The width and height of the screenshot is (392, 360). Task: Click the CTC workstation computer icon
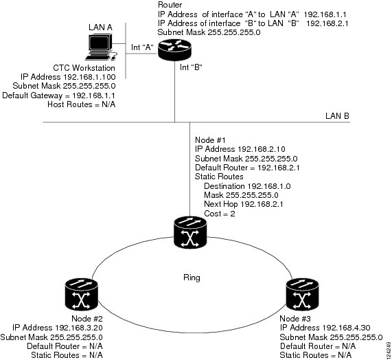[101, 47]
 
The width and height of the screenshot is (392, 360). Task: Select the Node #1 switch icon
[190, 232]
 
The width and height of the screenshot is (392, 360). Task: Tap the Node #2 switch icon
[81, 295]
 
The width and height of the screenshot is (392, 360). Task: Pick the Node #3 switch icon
[302, 295]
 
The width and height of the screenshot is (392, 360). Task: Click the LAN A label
[100, 27]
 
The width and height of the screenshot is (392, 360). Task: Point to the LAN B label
[337, 116]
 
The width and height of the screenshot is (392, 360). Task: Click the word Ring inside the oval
[192, 278]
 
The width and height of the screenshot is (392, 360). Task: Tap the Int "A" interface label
[142, 47]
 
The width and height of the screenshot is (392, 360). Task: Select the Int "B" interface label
[191, 67]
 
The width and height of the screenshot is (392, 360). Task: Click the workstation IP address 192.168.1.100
[89, 77]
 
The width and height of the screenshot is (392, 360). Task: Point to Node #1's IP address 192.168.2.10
[262, 149]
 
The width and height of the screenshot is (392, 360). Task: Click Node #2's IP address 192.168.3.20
[78, 328]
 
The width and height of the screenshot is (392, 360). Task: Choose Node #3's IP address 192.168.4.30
[346, 328]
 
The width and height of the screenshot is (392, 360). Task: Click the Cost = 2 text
[220, 214]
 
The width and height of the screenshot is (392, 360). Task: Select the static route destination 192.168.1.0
[269, 186]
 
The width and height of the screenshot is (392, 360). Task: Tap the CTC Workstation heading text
[84, 68]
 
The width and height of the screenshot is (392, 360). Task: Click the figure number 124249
[389, 350]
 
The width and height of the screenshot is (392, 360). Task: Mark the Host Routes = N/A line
[82, 104]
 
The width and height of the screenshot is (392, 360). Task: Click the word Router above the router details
[170, 5]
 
